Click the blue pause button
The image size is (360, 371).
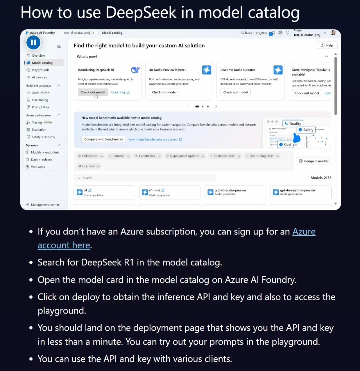(x=33, y=42)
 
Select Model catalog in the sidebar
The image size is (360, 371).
(x=42, y=63)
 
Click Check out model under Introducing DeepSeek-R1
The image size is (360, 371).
(x=93, y=92)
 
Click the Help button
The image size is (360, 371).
(x=327, y=45)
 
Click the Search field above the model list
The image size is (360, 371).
(x=145, y=178)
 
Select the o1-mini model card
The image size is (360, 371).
(x=170, y=193)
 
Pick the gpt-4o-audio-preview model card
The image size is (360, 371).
(x=235, y=192)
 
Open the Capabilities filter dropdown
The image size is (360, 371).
(x=148, y=156)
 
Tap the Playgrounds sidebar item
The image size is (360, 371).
(x=40, y=70)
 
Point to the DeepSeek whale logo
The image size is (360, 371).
(x=135, y=70)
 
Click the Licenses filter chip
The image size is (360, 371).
(x=89, y=166)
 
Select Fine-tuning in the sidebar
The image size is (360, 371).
(x=40, y=100)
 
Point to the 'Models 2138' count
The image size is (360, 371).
(x=321, y=178)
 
